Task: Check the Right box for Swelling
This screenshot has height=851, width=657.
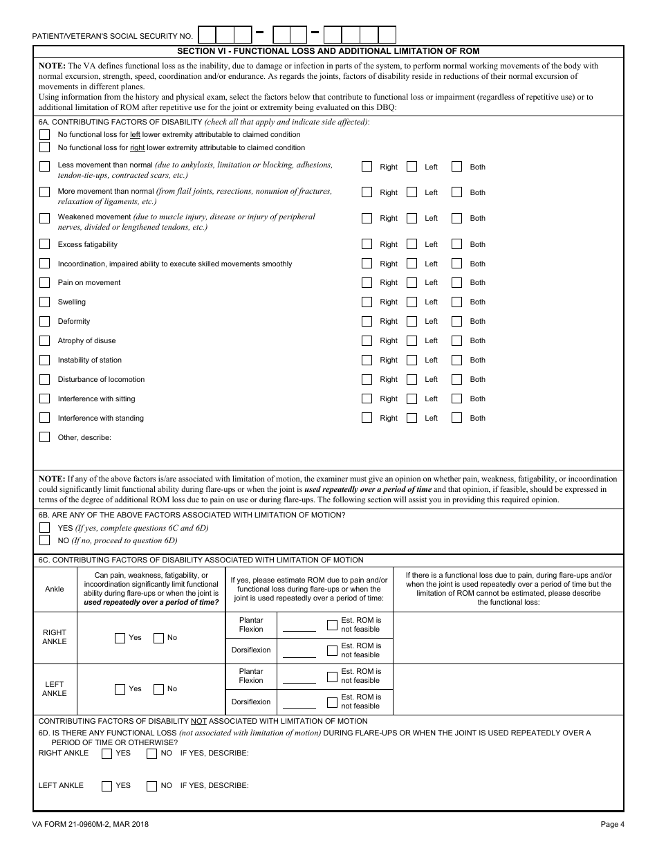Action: [x=367, y=302]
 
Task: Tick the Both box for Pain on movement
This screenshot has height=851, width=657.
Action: [x=456, y=282]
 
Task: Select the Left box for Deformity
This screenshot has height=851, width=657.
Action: [x=412, y=321]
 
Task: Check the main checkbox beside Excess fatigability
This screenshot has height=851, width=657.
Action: [x=45, y=244]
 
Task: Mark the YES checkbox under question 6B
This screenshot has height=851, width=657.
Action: [x=45, y=528]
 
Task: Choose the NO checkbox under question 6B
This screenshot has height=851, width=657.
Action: [x=45, y=540]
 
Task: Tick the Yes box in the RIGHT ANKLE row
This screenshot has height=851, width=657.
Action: [x=120, y=638]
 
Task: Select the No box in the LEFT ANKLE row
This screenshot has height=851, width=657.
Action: [x=158, y=689]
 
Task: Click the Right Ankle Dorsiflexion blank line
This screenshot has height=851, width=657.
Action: [x=299, y=655]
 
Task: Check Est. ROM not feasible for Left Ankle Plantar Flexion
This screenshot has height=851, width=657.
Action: [x=332, y=676]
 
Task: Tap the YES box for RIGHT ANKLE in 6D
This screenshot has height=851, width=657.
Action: [x=107, y=753]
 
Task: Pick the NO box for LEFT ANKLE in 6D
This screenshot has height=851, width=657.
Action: [x=151, y=786]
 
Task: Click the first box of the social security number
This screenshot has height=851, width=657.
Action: [x=207, y=35]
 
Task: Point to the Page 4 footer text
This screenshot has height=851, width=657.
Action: [x=612, y=824]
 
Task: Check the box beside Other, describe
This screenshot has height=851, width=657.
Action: [x=45, y=437]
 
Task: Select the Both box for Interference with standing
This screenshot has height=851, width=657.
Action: [x=456, y=418]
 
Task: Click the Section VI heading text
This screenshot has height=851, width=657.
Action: [x=328, y=51]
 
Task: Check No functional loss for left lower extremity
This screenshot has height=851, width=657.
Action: [x=45, y=134]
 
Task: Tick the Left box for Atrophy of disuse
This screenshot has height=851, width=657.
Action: [x=412, y=340]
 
